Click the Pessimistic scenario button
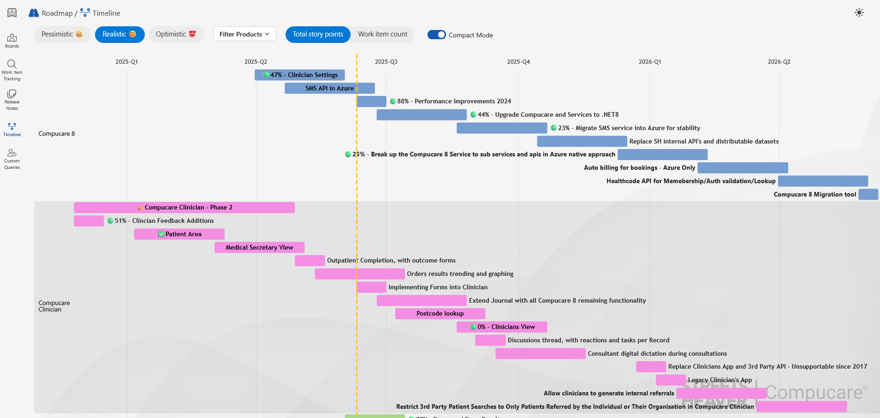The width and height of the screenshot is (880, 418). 62,35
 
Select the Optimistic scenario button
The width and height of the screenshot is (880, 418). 176,35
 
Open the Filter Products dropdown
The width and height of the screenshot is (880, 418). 244,34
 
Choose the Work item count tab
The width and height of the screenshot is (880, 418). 382,35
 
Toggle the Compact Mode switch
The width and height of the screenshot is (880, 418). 436,35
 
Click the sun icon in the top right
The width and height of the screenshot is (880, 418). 859,13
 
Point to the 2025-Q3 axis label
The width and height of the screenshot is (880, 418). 386,62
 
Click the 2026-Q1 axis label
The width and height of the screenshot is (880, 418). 649,62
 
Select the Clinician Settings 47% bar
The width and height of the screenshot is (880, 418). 300,75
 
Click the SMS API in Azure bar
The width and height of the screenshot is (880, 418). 329,89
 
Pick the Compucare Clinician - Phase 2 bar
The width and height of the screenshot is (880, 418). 184,208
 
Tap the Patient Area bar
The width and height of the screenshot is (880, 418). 179,234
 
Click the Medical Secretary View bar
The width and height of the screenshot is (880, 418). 259,248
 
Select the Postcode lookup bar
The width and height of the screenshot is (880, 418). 440,314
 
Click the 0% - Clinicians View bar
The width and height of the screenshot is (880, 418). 502,327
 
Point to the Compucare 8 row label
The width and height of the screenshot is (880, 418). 57,134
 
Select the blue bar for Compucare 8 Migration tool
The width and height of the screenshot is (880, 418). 868,195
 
